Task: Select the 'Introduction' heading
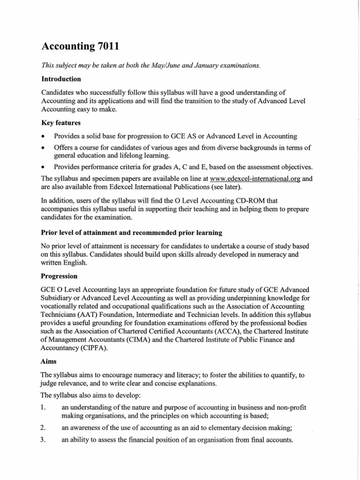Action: coord(61,79)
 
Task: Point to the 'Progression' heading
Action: coord(60,276)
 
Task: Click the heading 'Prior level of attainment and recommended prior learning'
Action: coord(132,232)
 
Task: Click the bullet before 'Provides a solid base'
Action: coord(43,136)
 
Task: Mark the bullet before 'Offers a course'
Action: coord(43,148)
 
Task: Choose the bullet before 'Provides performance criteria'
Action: coord(43,167)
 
